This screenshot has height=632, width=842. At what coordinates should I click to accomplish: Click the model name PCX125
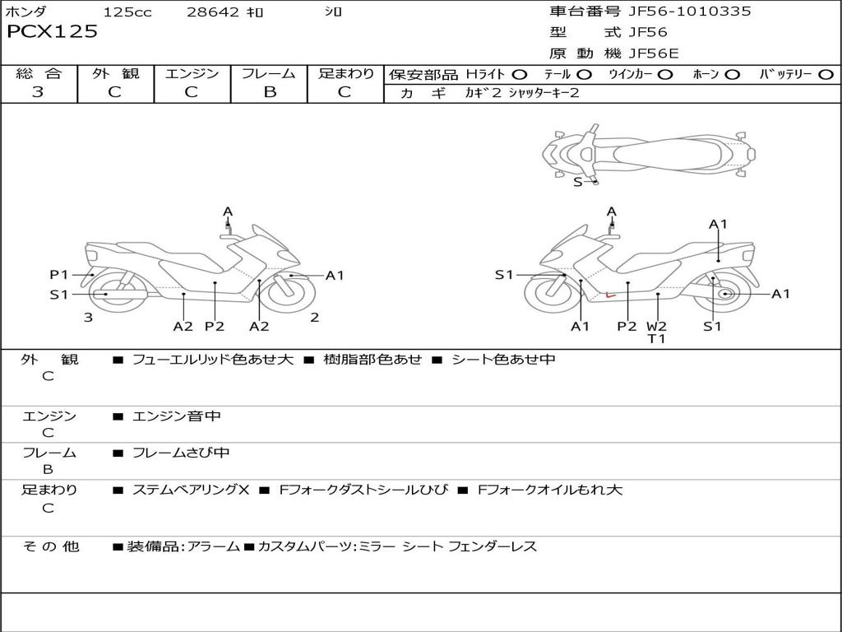pos(52,32)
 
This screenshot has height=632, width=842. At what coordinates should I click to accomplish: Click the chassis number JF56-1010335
pos(678,12)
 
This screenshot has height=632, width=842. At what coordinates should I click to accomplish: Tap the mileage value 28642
pos(212,12)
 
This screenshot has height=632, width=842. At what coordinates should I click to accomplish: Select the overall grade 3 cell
pos(38,92)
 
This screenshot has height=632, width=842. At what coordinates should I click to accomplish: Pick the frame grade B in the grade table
pos(269,92)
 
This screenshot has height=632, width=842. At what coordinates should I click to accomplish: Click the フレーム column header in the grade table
pos(269,73)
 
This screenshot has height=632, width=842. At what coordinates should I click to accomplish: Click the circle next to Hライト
pos(520,74)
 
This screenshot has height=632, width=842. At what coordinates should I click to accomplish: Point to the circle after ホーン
pos(733,74)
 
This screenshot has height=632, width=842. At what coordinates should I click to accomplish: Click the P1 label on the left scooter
pos(58,275)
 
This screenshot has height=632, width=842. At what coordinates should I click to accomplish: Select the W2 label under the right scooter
pos(656,326)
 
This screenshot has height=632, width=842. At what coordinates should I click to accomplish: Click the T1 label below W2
pos(656,338)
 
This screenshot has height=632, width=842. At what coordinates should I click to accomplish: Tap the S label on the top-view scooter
pos(577,182)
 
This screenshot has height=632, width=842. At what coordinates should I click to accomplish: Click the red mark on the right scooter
pos(608,293)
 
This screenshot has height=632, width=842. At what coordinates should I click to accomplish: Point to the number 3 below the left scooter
pos(88,317)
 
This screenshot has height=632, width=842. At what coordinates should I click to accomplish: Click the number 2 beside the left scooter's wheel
pos(314,317)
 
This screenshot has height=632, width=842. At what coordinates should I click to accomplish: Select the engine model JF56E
pos(655,53)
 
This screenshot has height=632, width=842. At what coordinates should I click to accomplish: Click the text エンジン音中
pos(177,416)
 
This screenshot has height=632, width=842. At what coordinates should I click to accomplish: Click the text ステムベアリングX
pos(191,490)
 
